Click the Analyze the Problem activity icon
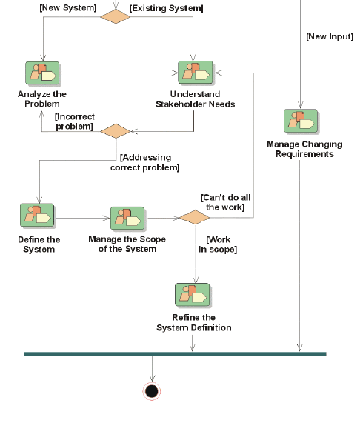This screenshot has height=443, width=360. tap(42, 73)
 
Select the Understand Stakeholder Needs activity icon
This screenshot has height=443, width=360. tap(196, 73)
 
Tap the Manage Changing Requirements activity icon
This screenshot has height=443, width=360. tap(301, 121)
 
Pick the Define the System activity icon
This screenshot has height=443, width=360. tap(37, 216)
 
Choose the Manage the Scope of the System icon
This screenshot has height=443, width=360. tap(127, 219)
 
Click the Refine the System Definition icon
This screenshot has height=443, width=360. tap(193, 295)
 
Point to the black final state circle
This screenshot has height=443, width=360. tap(152, 391)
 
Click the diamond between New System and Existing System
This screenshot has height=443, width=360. tap(116, 16)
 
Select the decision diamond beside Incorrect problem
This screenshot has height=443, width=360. tap(116, 131)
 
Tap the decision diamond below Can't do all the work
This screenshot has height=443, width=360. tap(195, 217)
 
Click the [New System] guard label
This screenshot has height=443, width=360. tap(68, 8)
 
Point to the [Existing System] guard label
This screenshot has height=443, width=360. tap(166, 8)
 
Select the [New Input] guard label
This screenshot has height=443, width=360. tap(330, 36)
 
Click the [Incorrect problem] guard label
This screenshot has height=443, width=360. tap(74, 121)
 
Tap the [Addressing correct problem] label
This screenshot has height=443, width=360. tap(145, 162)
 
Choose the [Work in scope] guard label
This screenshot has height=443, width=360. tap(218, 244)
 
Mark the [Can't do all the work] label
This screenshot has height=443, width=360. tap(225, 202)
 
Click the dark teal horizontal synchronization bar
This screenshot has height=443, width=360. tap(176, 353)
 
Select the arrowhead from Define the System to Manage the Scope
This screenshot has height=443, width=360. tap(106, 218)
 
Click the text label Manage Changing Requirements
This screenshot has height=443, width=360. tap(304, 149)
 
